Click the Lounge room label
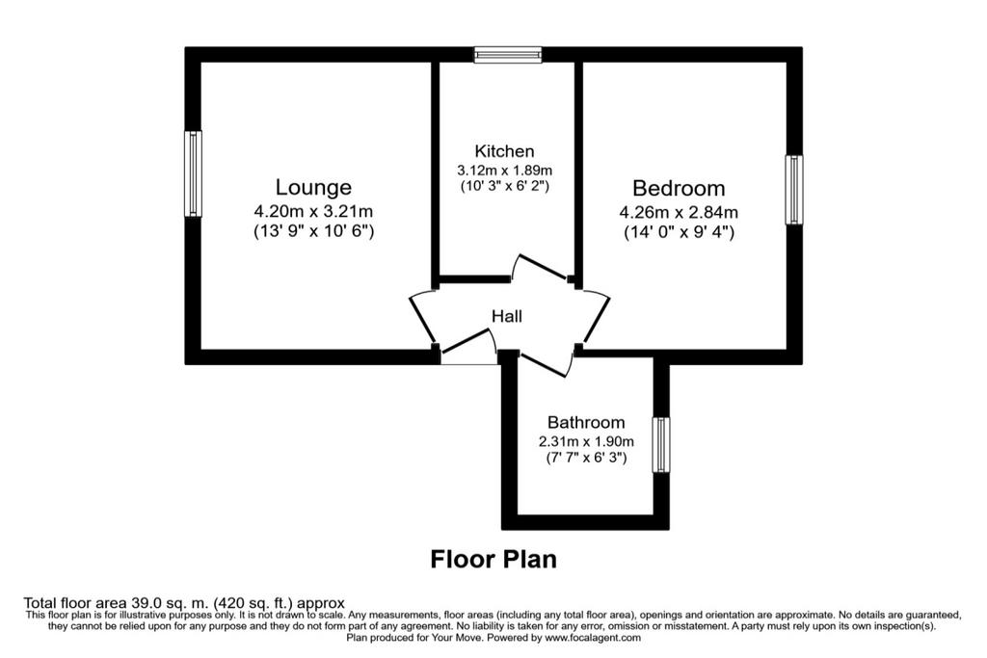[313, 188]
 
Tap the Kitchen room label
[504, 151]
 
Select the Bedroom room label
[679, 188]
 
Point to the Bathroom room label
[586, 422]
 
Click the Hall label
[507, 316]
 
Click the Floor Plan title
[493, 559]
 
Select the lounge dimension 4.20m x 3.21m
[313, 211]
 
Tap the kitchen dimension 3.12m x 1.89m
[504, 170]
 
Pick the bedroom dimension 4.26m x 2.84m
[679, 213]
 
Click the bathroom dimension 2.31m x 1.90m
[586, 441]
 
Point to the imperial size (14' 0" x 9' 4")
[680, 232]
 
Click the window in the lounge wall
[193, 173]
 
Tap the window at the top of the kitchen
[508, 55]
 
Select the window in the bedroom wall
[794, 190]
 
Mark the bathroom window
[661, 445]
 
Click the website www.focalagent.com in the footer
[593, 637]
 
